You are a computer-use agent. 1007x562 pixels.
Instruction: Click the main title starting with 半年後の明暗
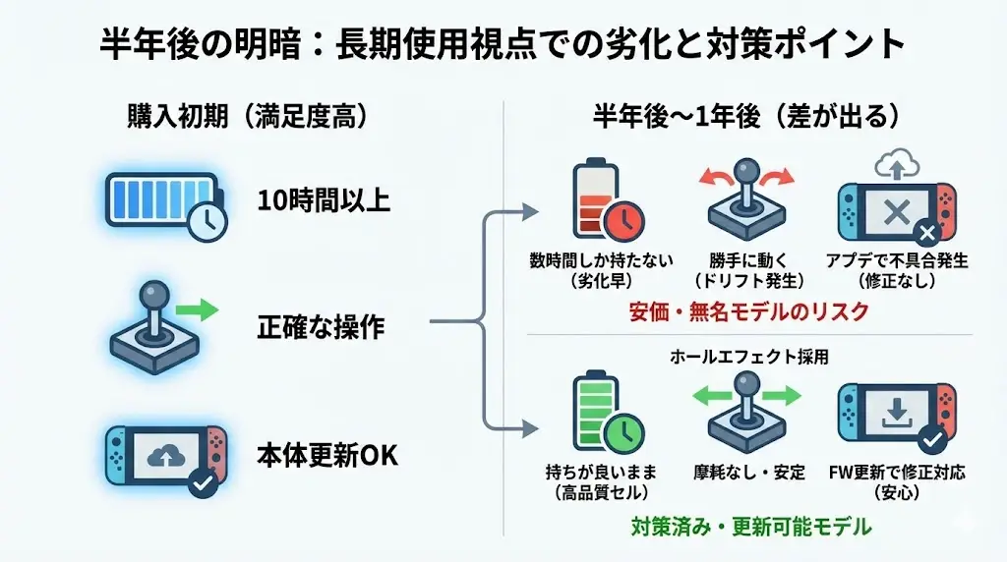503,44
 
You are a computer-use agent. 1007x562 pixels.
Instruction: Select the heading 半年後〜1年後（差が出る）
745,115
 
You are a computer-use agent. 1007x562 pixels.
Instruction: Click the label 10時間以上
324,201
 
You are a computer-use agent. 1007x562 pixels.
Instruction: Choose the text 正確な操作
321,327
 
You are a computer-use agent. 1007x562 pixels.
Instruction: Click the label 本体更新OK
326,457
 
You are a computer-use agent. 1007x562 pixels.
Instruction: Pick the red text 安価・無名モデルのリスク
749,311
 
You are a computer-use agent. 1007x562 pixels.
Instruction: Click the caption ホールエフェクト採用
750,357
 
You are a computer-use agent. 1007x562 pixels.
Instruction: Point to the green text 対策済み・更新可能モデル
750,527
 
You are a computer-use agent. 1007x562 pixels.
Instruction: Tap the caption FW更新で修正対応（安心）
895,482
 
